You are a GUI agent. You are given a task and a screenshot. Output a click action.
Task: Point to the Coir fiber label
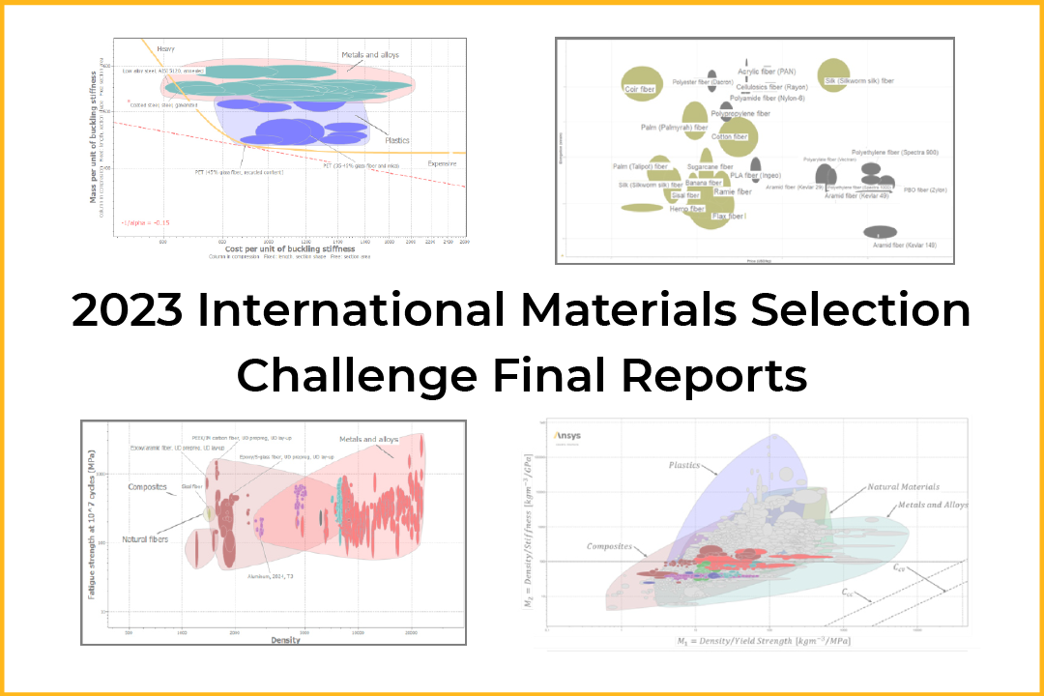coord(641,89)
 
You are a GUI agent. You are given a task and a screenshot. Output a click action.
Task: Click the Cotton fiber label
coord(729,137)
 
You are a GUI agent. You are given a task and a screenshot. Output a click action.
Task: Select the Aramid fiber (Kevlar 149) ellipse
coord(880,232)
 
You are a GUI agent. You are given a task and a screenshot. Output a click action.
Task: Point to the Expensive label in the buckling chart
coord(443,163)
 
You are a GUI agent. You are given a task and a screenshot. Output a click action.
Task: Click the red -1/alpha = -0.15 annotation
coord(139,223)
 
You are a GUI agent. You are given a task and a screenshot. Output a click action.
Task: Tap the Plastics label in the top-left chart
coord(397,140)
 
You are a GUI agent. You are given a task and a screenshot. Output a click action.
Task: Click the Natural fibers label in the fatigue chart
coord(147,538)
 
